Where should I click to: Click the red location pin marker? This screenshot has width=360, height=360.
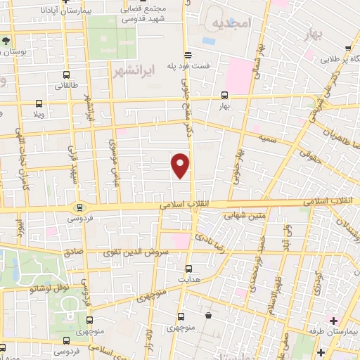click(181, 164)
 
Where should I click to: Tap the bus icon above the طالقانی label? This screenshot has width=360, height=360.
click(66, 75)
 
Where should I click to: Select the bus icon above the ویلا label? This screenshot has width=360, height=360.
click(38, 101)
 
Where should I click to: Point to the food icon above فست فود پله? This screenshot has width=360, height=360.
click(186, 55)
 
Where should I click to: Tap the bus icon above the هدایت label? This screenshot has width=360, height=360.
click(188, 268)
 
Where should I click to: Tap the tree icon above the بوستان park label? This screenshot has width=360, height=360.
click(7, 40)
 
